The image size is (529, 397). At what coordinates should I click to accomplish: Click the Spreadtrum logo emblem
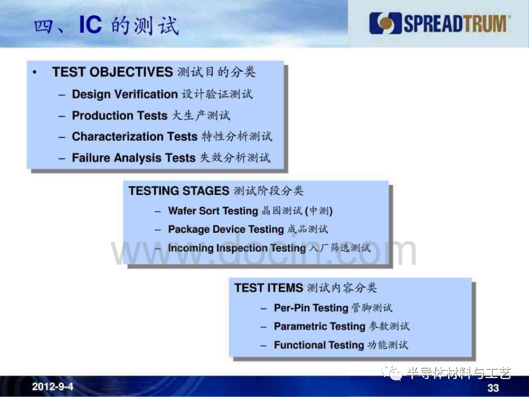pyautogui.click(x=385, y=24)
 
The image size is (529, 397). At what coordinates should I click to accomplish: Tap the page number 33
pyautogui.click(x=493, y=388)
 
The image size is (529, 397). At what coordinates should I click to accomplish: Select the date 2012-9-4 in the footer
pyautogui.click(x=52, y=386)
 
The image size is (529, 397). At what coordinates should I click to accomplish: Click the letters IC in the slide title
pyautogui.click(x=90, y=25)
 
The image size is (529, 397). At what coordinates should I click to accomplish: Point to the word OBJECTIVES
pyautogui.click(x=131, y=72)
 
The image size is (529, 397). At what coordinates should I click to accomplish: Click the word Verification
pyautogui.click(x=146, y=94)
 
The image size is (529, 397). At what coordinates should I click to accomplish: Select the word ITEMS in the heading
pyautogui.click(x=285, y=288)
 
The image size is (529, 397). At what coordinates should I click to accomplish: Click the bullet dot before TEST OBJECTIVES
pyautogui.click(x=34, y=72)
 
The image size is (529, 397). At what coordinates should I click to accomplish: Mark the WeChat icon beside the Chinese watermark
pyautogui.click(x=392, y=372)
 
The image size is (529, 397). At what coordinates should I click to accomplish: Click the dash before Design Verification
pyautogui.click(x=62, y=95)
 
